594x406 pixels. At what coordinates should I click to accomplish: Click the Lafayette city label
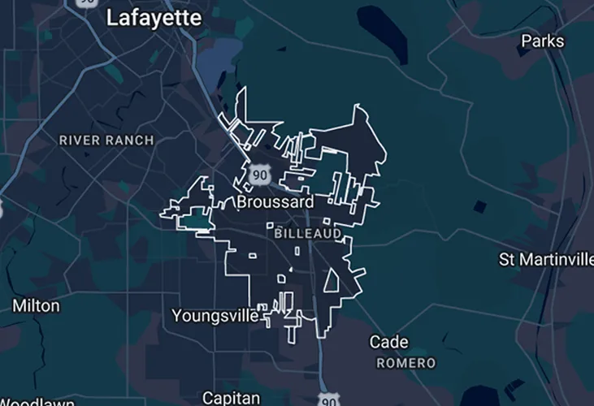154,18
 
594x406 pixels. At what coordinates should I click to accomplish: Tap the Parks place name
542,41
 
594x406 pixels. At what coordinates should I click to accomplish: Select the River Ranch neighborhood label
106,140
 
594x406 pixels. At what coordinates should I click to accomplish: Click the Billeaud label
308,233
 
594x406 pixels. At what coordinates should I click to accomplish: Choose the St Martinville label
545,260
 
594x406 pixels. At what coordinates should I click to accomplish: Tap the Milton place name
36,305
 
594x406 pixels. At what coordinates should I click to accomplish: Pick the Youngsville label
215,314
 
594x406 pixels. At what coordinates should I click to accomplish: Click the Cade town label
388,342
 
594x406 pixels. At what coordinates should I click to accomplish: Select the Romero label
407,362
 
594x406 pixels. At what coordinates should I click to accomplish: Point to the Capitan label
230,397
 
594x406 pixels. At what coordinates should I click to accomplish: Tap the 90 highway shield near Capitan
327,399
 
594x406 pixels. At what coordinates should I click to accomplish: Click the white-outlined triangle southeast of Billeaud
332,281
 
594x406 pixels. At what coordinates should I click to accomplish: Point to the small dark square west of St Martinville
480,206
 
